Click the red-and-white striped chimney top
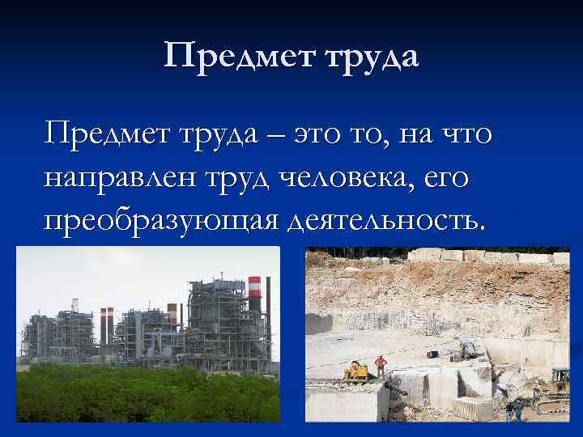click(253, 285)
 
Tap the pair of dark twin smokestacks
click(107, 324)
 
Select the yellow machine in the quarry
click(356, 371)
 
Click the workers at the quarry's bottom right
click(513, 409)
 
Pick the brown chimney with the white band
click(172, 313)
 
